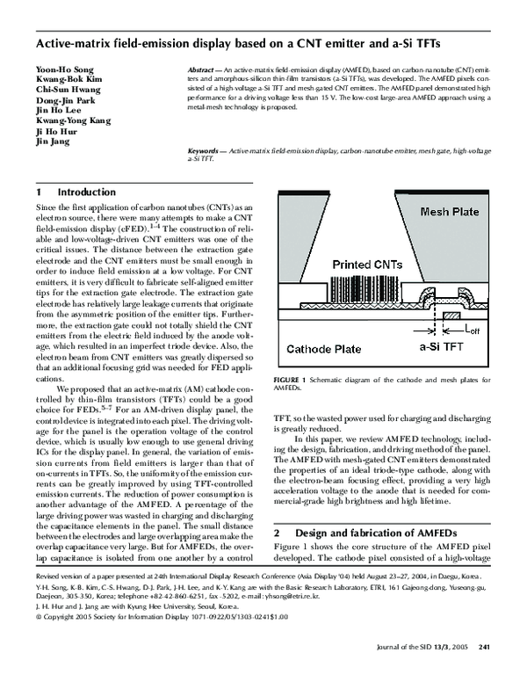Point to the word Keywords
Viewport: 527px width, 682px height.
(206, 151)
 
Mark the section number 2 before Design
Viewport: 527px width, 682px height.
(278, 533)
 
